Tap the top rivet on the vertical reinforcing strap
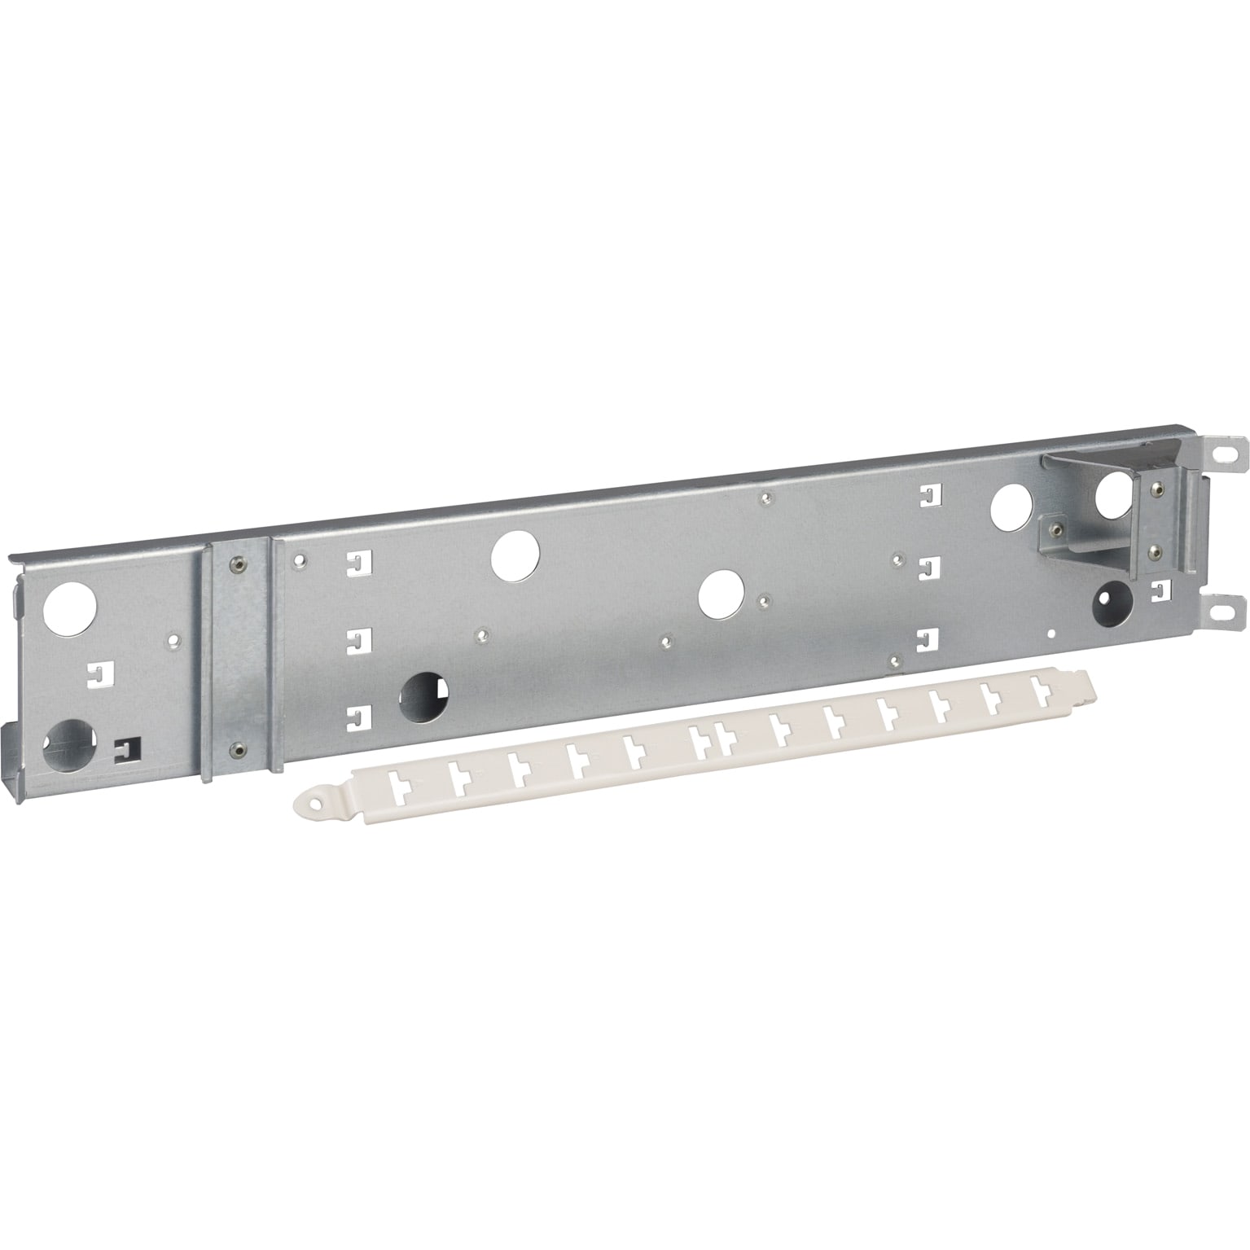[237, 560]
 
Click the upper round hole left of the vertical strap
[71, 610]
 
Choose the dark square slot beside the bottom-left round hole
[127, 746]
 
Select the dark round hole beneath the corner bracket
[1116, 602]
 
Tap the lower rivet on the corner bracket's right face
[1156, 551]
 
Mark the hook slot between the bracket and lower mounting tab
[1159, 590]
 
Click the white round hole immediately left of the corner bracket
[1011, 508]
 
